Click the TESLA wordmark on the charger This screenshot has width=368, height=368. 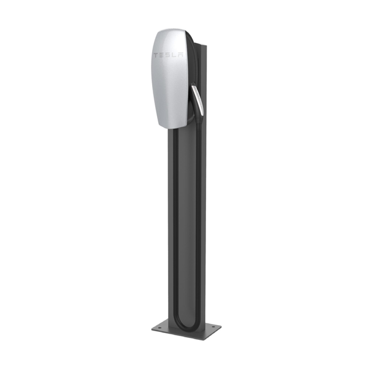[167, 55]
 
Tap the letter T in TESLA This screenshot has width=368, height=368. [155, 55]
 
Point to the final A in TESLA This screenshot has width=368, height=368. [180, 56]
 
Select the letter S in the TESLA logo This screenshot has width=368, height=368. [167, 55]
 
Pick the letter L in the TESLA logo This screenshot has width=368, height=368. [174, 55]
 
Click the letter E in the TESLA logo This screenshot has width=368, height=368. [161, 55]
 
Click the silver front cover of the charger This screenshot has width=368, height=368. [167, 86]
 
